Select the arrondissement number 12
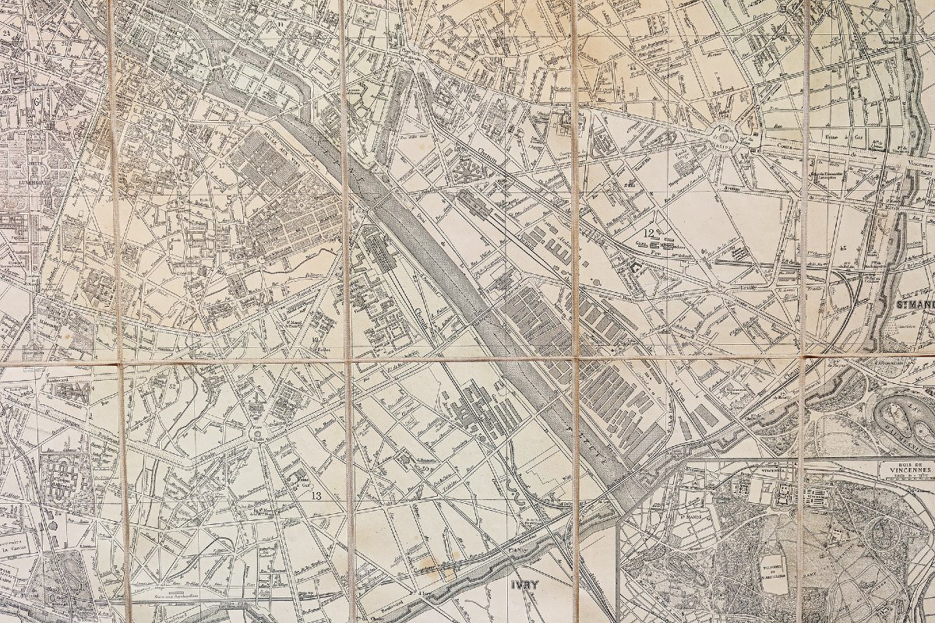click(647, 231)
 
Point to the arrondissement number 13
click(316, 495)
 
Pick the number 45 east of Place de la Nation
click(844, 248)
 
